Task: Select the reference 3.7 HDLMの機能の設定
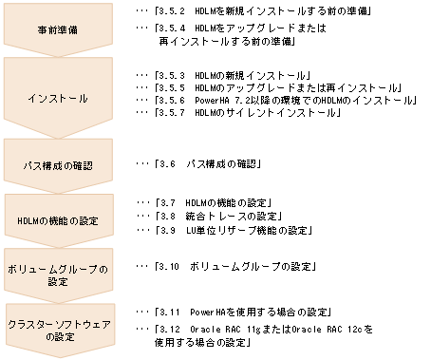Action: pos(216,203)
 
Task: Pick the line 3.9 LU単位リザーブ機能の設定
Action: pos(234,230)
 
